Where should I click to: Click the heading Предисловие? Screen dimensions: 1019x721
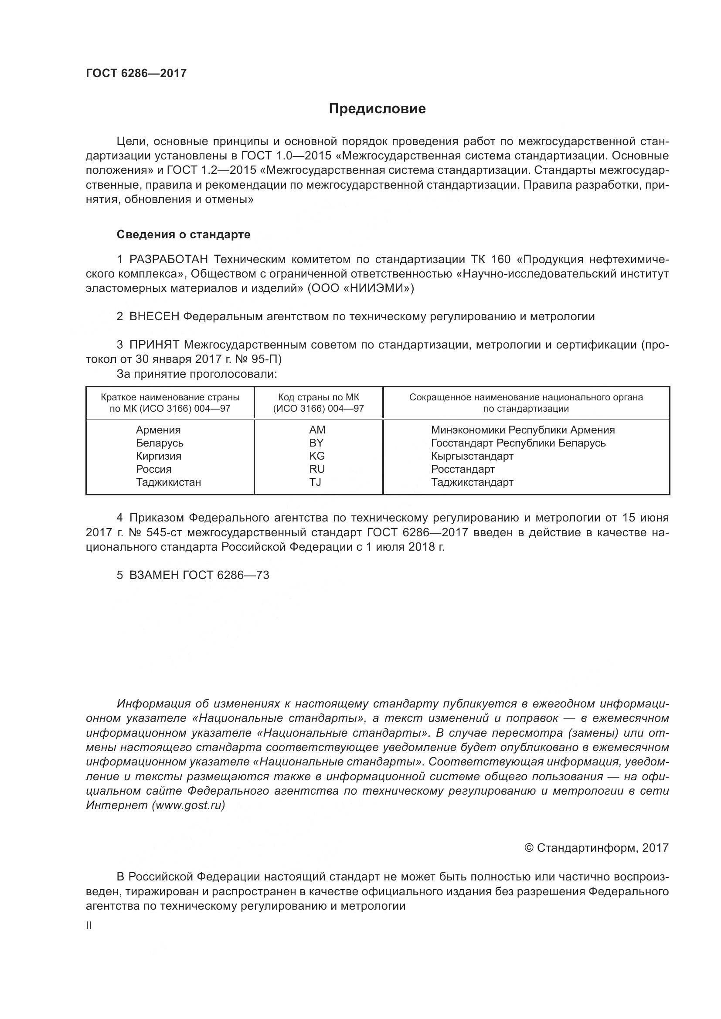point(377,109)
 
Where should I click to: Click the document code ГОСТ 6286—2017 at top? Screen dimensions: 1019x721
point(136,73)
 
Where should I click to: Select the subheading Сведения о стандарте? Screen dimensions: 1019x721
point(184,234)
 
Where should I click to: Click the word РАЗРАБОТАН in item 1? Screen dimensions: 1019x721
point(169,259)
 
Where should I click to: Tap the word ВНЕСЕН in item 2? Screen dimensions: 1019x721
point(154,316)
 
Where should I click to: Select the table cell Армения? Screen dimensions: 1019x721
point(158,430)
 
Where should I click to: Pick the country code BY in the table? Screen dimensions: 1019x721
point(316,443)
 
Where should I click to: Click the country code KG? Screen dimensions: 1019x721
point(317,456)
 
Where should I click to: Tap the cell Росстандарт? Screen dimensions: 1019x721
point(463,469)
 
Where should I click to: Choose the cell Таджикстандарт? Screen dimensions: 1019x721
point(472,482)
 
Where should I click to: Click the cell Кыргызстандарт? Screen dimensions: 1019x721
point(472,456)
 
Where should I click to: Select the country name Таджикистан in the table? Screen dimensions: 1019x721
point(168,482)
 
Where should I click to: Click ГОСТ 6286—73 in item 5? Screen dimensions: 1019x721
point(225,575)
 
